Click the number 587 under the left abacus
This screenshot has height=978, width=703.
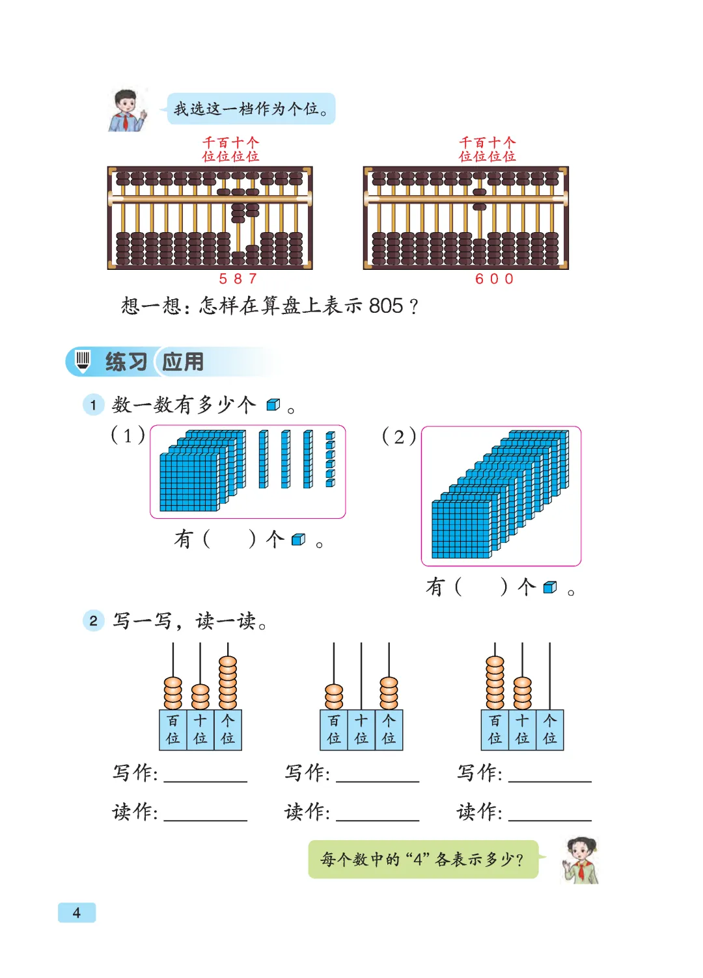(238, 279)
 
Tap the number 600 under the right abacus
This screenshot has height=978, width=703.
(495, 279)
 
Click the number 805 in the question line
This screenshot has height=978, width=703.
(386, 306)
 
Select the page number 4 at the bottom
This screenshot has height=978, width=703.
(77, 912)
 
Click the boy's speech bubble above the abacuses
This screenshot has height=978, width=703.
(251, 109)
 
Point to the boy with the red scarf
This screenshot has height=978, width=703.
(126, 111)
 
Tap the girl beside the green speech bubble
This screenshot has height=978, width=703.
(581, 860)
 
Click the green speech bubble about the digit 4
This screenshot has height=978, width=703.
(423, 860)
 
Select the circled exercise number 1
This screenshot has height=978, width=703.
(93, 405)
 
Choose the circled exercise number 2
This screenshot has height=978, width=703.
(93, 621)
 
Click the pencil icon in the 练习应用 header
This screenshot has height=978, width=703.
(83, 361)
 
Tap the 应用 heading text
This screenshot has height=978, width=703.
(183, 362)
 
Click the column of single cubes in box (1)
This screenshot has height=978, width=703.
(331, 459)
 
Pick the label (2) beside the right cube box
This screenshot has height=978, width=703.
(399, 436)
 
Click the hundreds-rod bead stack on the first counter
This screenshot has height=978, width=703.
(173, 693)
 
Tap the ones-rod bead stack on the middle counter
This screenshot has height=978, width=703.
(389, 693)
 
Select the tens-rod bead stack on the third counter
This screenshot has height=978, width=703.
(523, 693)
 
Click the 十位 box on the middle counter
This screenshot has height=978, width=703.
(361, 730)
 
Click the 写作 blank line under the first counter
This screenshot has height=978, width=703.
(206, 779)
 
